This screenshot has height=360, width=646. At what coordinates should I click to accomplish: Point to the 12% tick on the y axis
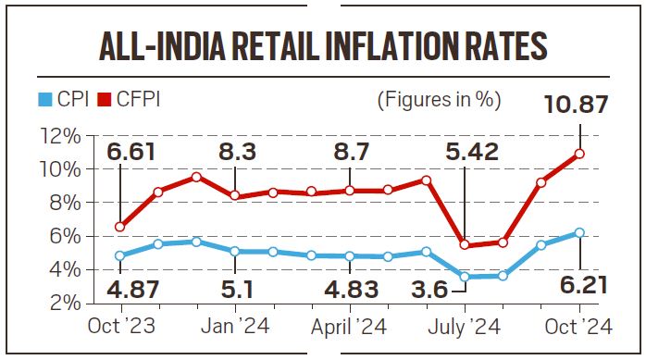point(59,136)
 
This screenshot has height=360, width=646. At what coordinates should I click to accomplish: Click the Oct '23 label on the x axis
point(120,327)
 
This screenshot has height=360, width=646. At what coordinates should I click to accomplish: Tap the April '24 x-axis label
point(347,327)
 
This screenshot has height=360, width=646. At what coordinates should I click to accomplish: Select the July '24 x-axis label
point(465,327)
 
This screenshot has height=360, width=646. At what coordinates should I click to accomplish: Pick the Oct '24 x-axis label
point(578,327)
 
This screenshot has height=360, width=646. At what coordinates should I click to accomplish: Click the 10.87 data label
point(578,104)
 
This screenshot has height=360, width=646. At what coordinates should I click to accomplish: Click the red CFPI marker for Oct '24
point(579,154)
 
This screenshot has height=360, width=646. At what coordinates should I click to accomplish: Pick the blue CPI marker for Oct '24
point(579,232)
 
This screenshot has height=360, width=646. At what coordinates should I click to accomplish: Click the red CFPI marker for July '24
point(465,245)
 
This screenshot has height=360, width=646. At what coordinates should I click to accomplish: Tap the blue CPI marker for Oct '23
point(120,255)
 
